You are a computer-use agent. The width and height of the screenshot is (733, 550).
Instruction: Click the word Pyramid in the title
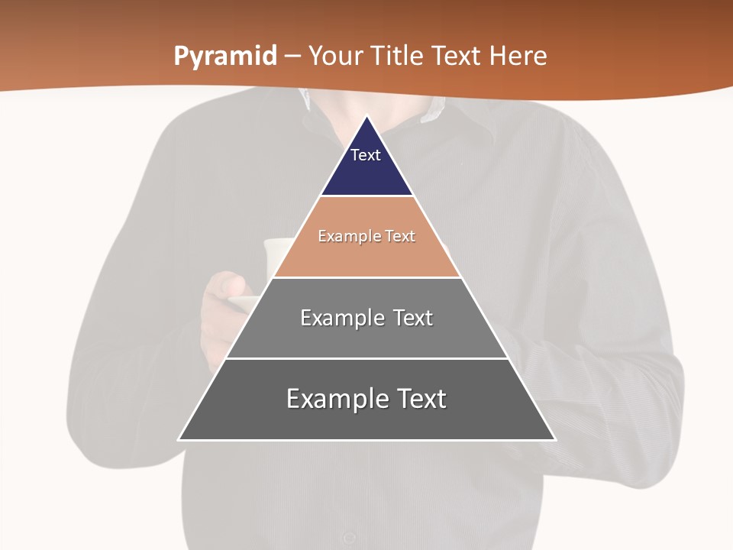225,57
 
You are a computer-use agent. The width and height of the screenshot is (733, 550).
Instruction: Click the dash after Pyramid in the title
292,57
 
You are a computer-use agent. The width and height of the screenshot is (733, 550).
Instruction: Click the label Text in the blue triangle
366,155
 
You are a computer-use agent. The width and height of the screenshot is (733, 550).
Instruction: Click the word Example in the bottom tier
336,399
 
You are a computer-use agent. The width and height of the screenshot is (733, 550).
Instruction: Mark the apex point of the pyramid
367,117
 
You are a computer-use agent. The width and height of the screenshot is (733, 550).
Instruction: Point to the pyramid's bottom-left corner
179,439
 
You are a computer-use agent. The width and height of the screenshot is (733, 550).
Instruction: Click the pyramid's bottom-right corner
554,439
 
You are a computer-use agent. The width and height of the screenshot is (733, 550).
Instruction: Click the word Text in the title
457,57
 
